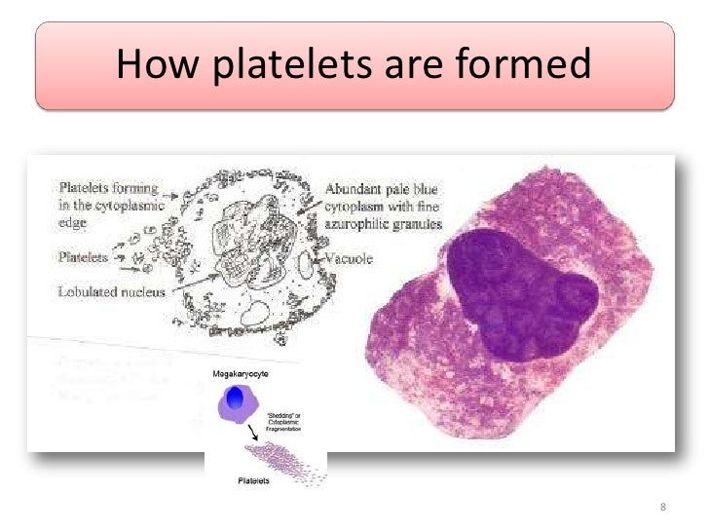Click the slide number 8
pyautogui.click(x=663, y=507)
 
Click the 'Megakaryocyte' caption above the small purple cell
pyautogui.click(x=240, y=374)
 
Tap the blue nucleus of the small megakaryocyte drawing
pyautogui.click(x=234, y=398)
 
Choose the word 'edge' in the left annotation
pyautogui.click(x=72, y=222)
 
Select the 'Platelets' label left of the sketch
pyautogui.click(x=83, y=258)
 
